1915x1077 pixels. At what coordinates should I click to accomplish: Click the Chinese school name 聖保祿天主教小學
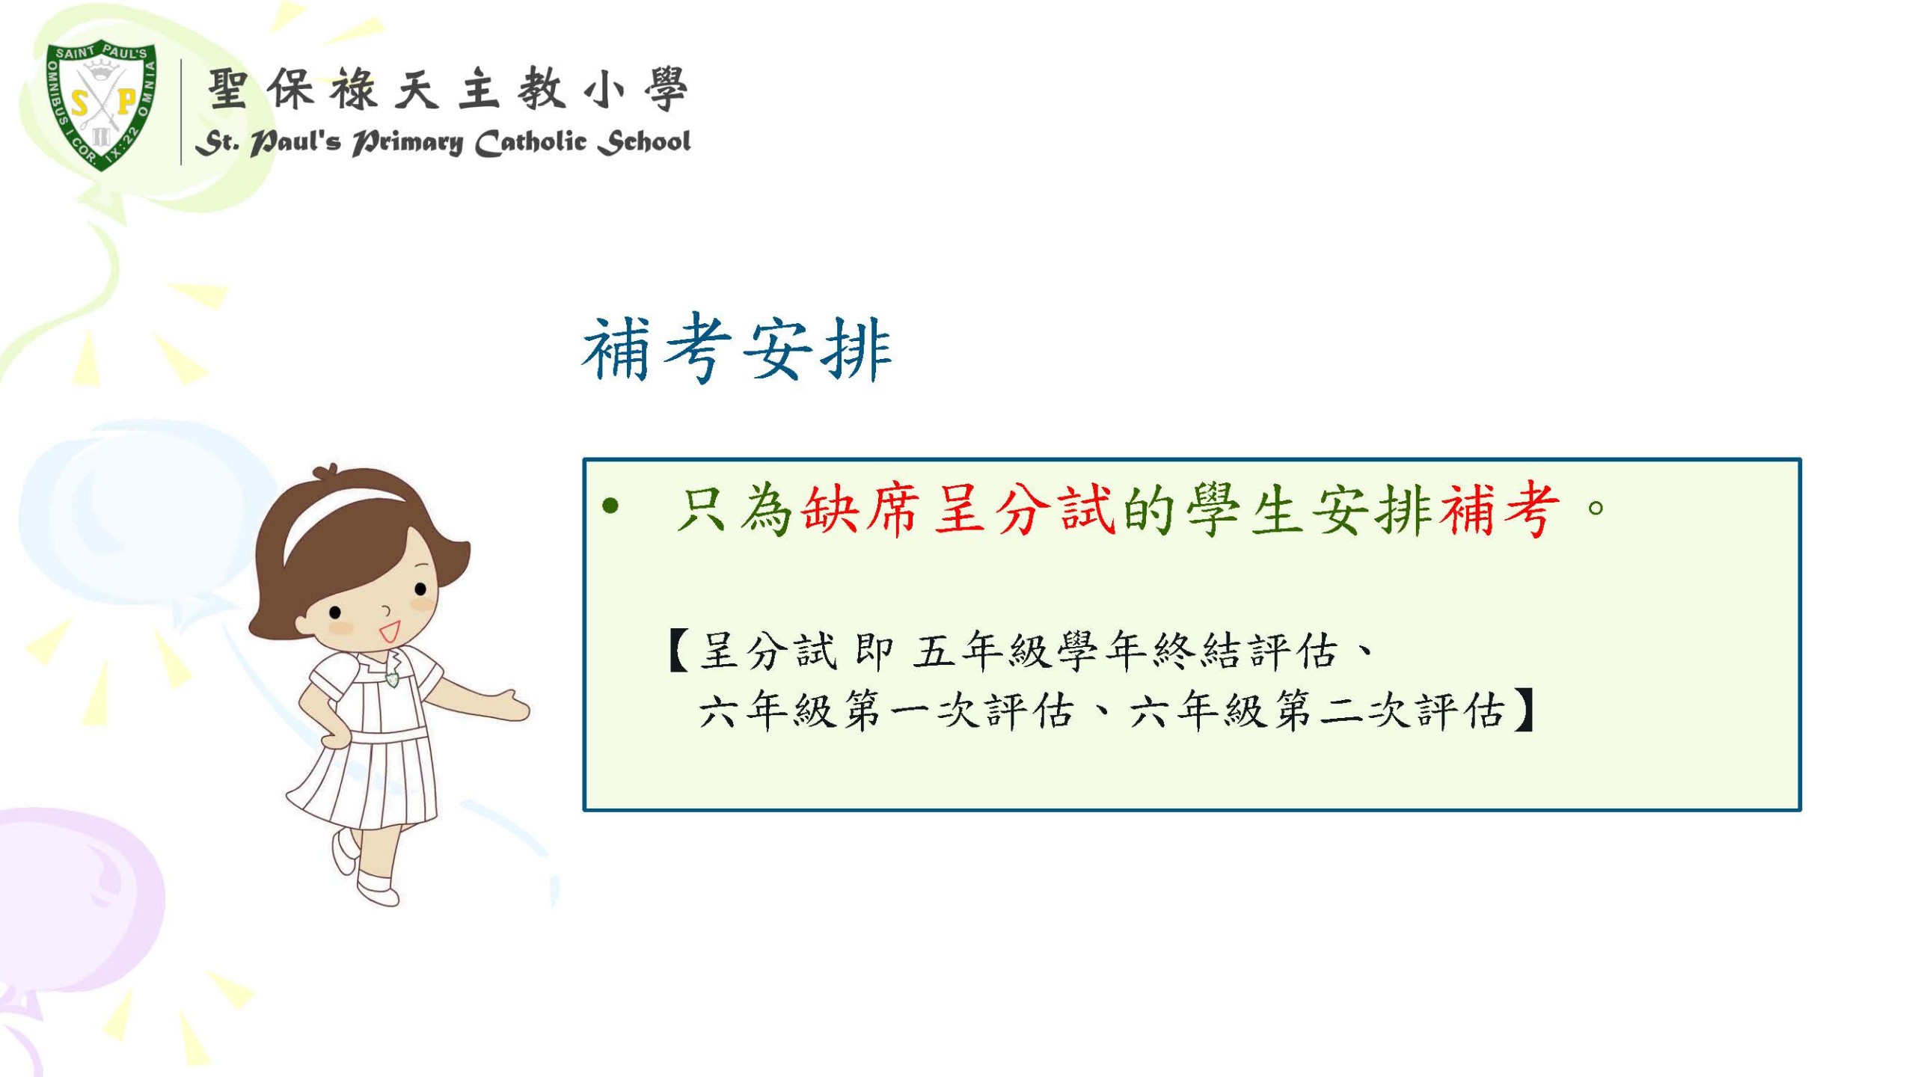tap(447, 90)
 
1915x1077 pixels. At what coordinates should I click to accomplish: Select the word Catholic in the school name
tap(530, 142)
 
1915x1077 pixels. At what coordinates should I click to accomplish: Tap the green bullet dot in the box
tap(611, 507)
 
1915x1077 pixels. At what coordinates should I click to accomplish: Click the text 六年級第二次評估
tap(1317, 711)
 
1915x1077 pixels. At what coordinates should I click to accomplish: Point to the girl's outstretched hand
tap(509, 708)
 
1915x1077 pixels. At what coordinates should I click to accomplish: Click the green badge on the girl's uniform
tap(392, 679)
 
